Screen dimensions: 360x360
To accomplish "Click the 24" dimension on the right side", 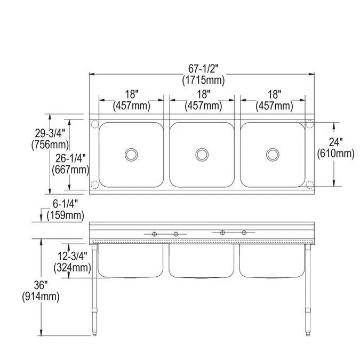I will click(x=335, y=142).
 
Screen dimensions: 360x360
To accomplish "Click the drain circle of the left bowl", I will click(x=131, y=155).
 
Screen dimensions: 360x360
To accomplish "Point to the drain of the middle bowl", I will click(x=202, y=155).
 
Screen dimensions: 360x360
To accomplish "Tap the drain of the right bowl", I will click(x=273, y=155).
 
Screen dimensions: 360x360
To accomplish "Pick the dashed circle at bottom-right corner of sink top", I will click(x=309, y=185).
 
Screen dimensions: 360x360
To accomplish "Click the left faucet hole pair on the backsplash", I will click(x=165, y=234).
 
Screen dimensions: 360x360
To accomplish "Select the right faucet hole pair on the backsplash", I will click(x=234, y=232).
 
